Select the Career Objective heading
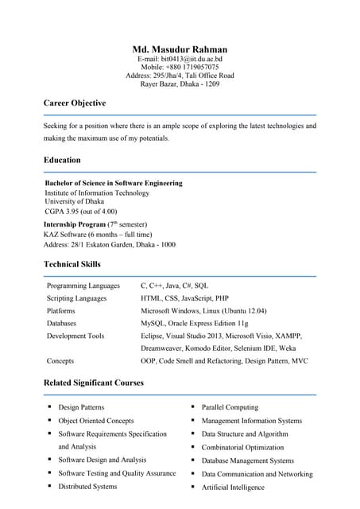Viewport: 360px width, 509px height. [x=75, y=103]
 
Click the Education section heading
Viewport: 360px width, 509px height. [x=62, y=160]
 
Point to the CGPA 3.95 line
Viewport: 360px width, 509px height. [x=81, y=212]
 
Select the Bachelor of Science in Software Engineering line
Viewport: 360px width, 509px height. [x=114, y=183]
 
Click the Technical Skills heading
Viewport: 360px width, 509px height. [x=72, y=264]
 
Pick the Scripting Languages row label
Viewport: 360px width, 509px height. [x=76, y=298]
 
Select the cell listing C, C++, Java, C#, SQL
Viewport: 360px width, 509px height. [x=174, y=286]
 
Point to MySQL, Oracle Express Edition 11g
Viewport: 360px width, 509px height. [x=195, y=324]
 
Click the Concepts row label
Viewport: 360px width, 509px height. [x=61, y=361]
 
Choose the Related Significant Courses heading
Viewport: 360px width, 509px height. [x=94, y=383]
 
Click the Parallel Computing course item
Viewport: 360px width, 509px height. [x=230, y=407]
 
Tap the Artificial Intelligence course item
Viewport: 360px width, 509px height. [x=233, y=488]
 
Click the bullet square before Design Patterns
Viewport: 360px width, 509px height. [x=49, y=407]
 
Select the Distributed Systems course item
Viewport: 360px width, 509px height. [x=87, y=487]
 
